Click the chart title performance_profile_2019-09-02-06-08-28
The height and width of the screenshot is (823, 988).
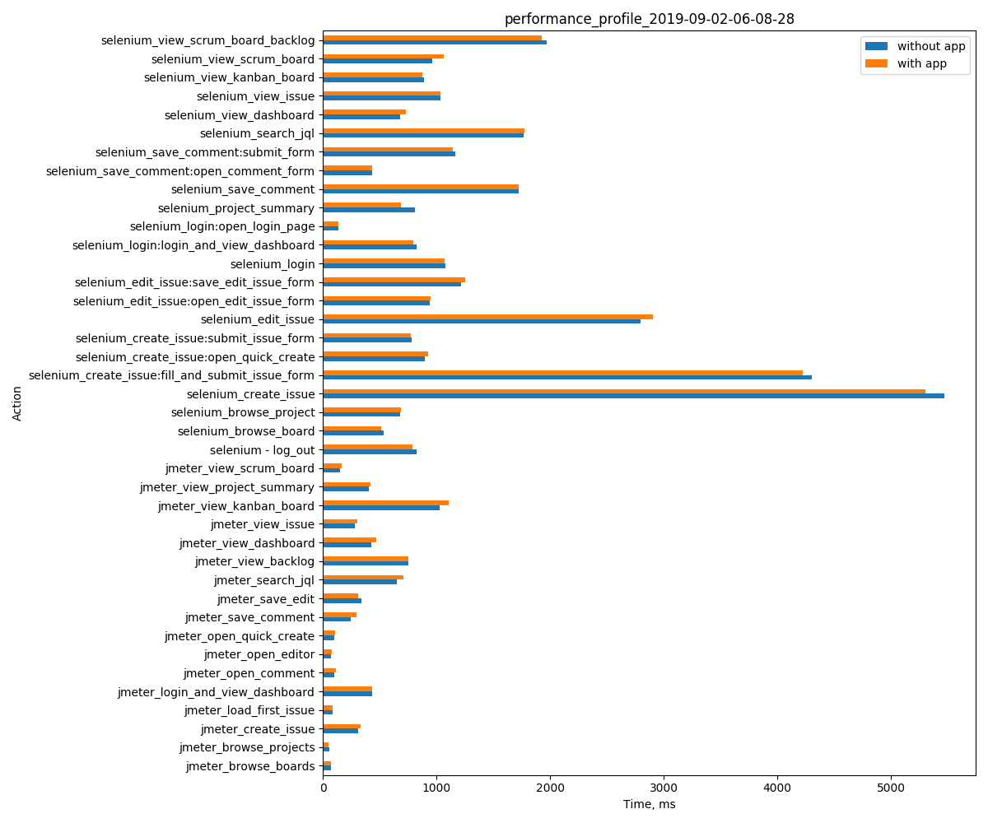[649, 19]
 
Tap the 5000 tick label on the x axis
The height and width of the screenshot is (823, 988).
[891, 787]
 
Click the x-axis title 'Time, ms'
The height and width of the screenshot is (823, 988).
[649, 804]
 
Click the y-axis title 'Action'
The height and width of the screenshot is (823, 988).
[17, 403]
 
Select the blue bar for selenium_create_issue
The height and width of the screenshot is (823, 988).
[633, 396]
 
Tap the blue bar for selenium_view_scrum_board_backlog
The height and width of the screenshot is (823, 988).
[434, 42]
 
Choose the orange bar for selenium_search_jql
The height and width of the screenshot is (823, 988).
[423, 130]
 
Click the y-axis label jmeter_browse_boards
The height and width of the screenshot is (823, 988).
[249, 766]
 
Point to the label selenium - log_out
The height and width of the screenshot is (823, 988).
[262, 450]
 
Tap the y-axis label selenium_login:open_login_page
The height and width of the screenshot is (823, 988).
[221, 226]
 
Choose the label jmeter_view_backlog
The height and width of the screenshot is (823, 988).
[254, 561]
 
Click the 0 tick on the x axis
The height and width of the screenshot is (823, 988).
[323, 787]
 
